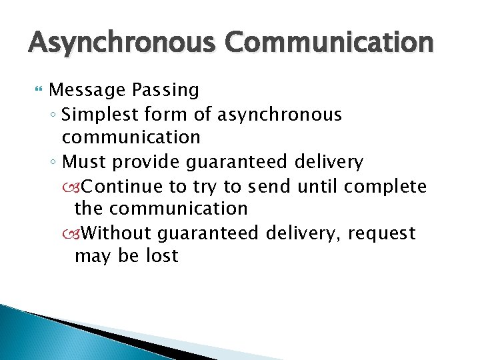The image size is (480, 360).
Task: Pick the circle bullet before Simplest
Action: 53,115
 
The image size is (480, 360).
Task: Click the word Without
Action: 120,233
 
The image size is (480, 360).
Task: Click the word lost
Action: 162,256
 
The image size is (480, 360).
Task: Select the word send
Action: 268,185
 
